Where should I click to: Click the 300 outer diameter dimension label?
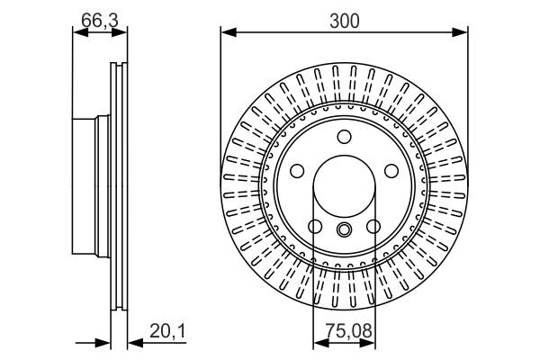[x=344, y=19]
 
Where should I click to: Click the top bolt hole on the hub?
[x=344, y=137]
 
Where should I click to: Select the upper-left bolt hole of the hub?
[x=297, y=171]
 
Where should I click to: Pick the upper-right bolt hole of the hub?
[x=391, y=171]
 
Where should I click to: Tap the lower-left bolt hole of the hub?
[x=315, y=226]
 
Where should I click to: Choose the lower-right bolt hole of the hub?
[x=373, y=226]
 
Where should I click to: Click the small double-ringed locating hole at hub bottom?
[x=344, y=230]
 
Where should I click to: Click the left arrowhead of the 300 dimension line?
[x=227, y=33]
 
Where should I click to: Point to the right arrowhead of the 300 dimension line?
[x=462, y=33]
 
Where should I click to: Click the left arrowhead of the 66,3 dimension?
[x=77, y=33]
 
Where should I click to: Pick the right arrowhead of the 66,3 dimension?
[x=123, y=33]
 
